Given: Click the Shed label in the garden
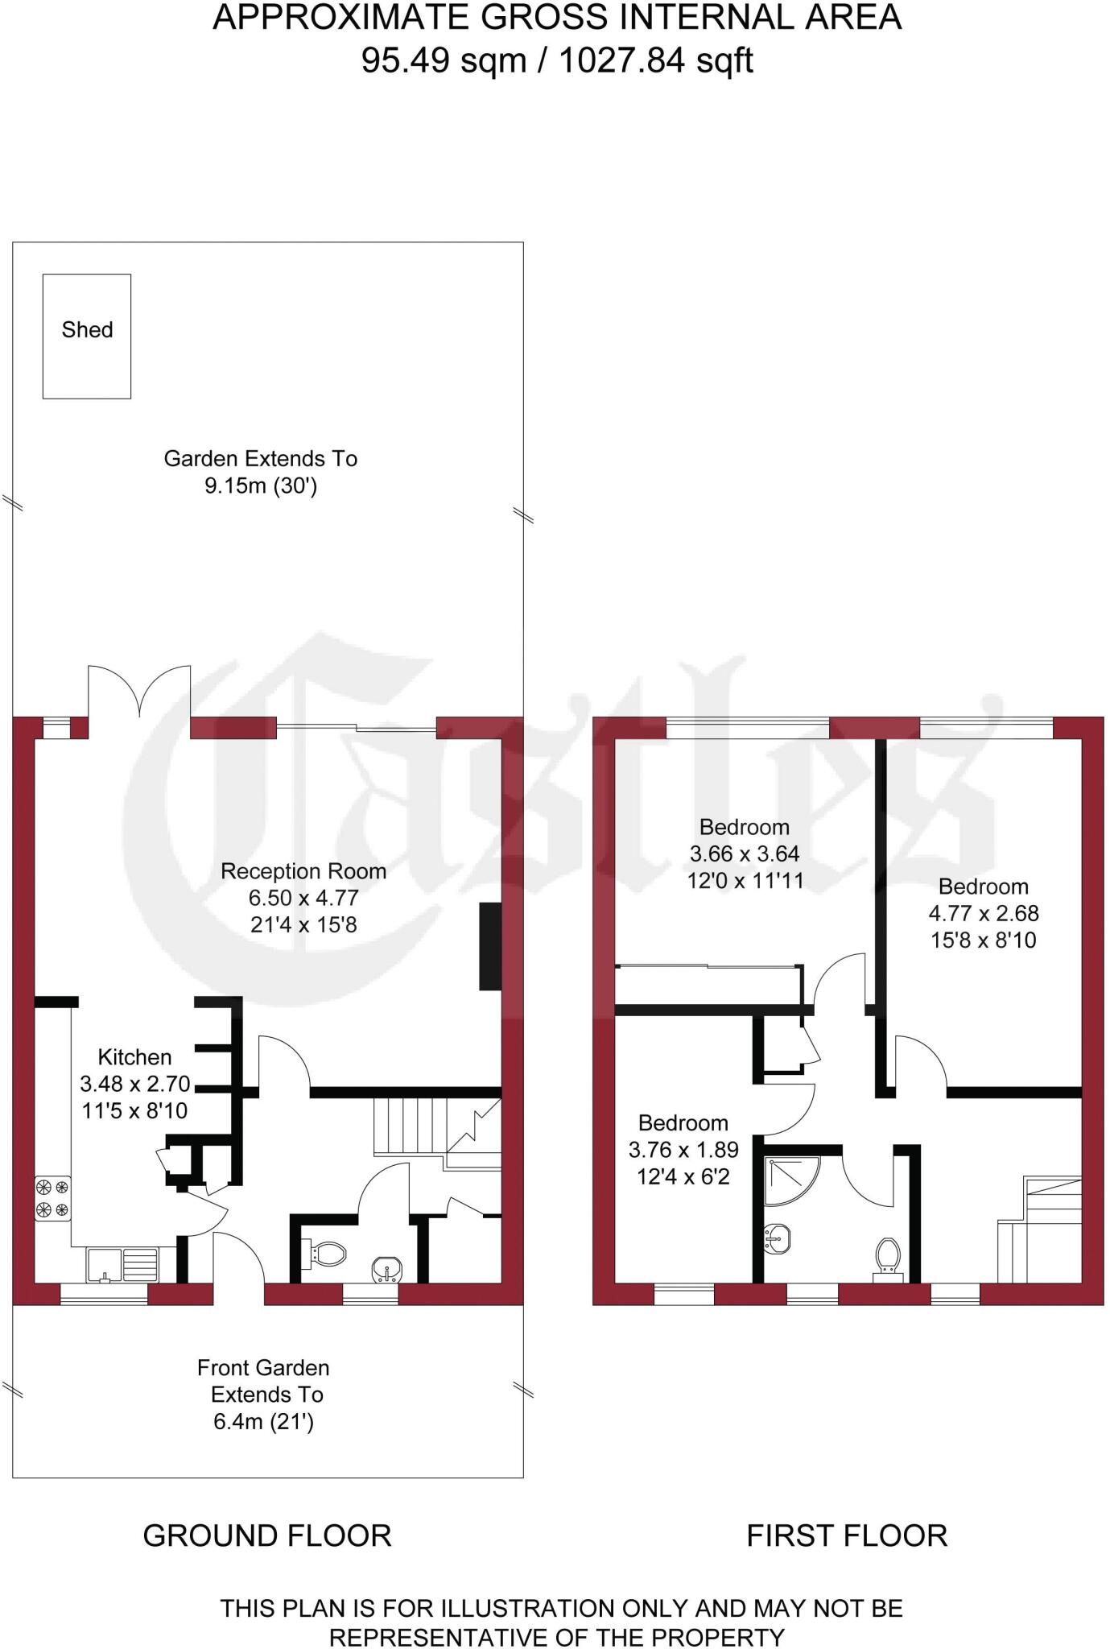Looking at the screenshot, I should point(87,329).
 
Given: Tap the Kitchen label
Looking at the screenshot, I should point(134,1056).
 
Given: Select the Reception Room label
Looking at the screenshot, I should point(303,870).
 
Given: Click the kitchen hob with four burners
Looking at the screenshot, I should point(52,1198).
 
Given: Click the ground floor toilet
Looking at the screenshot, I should point(325,1254).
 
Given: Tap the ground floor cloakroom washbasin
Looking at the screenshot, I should point(387,1270).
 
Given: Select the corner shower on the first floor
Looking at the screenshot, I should point(788,1179).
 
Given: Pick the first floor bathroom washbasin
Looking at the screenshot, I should point(777,1238).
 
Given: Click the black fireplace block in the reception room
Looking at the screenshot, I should point(490,946).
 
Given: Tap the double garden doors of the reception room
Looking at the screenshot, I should point(139,691).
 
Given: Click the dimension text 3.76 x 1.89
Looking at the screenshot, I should point(683,1150).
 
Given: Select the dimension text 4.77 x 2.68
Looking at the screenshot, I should point(984,913).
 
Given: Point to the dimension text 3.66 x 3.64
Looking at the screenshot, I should point(745,853).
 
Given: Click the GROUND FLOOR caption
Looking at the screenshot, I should point(267,1535).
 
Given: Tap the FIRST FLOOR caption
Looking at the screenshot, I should point(847,1535).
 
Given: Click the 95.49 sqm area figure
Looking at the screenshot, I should point(443,60).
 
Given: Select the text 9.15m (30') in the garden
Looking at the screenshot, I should point(261,486).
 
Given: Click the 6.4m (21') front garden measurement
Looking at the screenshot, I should point(263,1421).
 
